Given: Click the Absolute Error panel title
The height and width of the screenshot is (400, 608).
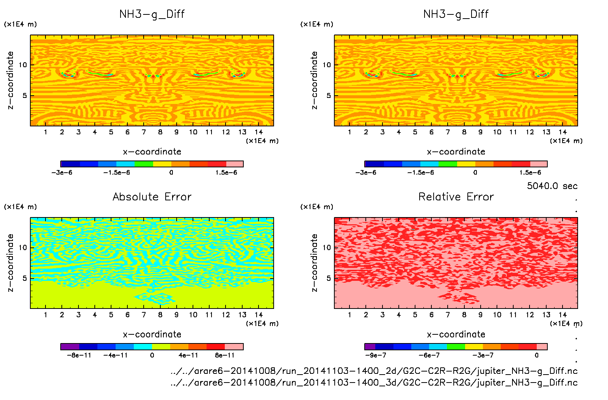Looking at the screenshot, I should pos(152,197).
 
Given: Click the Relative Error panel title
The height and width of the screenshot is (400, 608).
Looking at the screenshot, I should pos(456,197).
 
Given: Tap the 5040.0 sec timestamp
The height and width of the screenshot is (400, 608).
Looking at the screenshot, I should pos(552,186).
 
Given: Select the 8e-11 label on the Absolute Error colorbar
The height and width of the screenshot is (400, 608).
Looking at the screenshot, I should pos(225,355).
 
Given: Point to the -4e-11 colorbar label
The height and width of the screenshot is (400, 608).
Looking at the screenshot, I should pos(116,355).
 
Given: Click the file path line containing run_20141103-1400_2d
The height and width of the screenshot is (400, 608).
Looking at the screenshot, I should pos(374,371).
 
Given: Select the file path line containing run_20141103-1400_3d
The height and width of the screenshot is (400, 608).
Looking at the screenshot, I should pos(374,382).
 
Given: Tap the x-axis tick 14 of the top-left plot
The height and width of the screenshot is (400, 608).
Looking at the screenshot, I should pos(259,132).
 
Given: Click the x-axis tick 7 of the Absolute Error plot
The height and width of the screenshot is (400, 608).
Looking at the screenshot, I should pos(144,315).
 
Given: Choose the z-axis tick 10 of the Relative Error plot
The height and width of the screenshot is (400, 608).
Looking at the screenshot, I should pos(327,247).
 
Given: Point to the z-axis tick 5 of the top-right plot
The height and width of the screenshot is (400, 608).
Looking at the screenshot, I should pos(329,96).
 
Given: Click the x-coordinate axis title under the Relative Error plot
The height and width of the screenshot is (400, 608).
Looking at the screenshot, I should pos(456,334).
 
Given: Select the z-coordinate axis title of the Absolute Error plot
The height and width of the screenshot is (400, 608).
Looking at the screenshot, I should pos(10,263).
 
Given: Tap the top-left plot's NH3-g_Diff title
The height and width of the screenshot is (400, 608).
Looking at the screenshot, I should pos(152,14).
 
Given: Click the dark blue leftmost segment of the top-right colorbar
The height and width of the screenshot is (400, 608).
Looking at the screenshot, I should pos(374,164).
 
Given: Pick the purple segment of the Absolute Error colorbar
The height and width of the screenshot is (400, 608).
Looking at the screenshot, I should pos(70,346).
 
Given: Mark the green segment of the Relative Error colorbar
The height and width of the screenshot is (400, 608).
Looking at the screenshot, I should pos(456,346).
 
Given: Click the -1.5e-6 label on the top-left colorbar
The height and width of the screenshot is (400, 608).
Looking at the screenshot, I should pos(117,173).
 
